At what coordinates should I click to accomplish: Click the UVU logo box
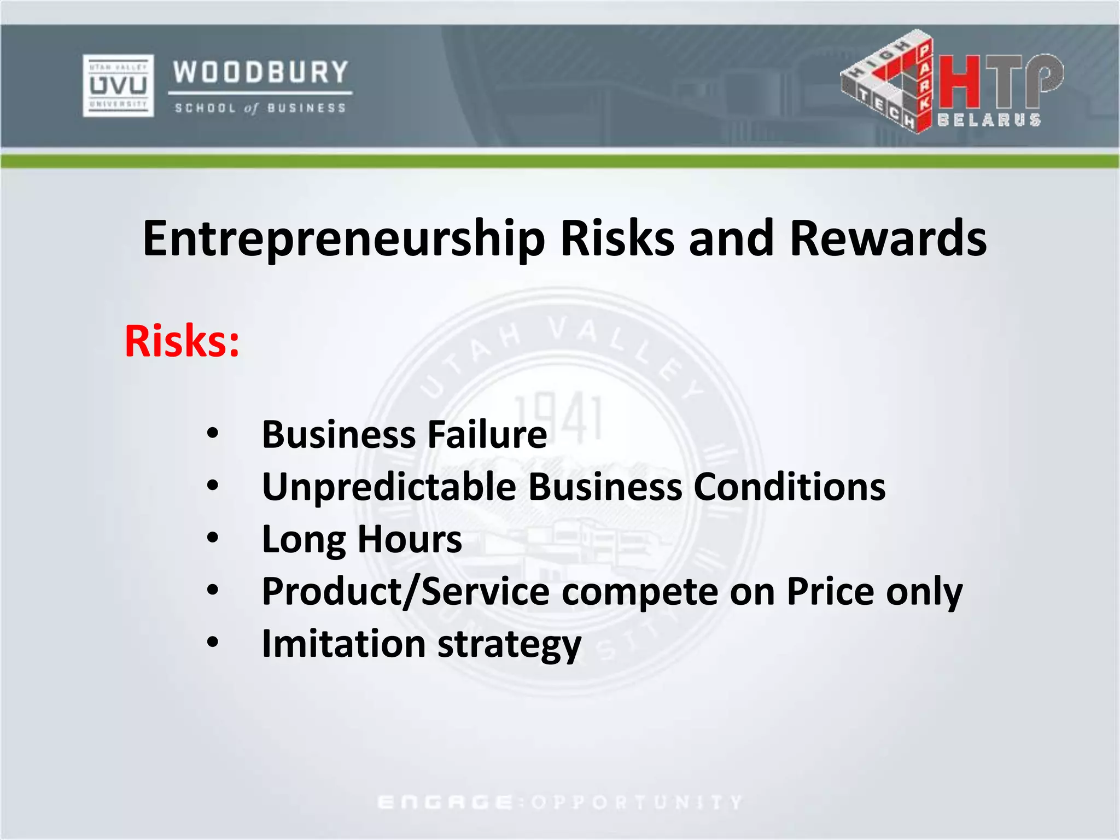[118, 85]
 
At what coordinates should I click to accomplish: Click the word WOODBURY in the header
[260, 72]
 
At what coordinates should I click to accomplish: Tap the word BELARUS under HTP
[989, 120]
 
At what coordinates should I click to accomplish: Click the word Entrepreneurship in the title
[343, 239]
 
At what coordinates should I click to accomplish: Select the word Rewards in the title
[888, 239]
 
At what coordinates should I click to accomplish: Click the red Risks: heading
[182, 341]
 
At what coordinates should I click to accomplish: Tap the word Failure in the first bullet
[487, 435]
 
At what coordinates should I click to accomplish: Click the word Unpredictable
[389, 487]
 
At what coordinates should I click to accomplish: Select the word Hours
[410, 539]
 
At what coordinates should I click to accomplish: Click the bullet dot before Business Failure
[213, 434]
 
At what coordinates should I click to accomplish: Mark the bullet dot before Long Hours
[213, 538]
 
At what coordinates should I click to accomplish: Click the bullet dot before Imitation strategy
[213, 643]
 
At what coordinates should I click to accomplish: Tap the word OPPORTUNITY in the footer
[637, 802]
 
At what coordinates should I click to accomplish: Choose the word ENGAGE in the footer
[445, 802]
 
